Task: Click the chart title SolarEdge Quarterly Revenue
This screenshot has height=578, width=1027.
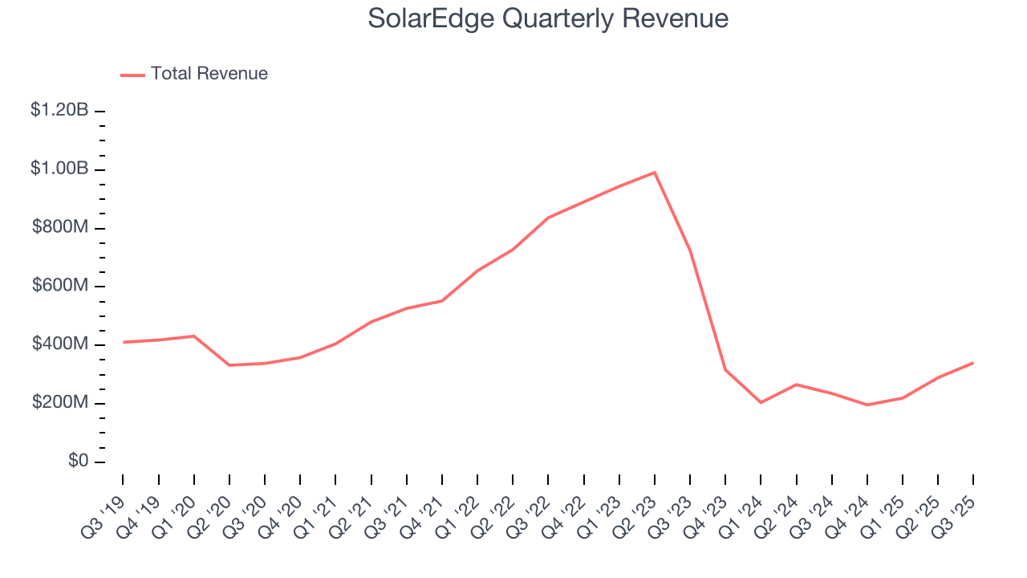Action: [548, 18]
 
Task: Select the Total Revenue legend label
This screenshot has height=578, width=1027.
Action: [209, 74]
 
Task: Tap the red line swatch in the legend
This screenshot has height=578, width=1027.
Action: [132, 75]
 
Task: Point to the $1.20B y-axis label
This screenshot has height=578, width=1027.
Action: [59, 111]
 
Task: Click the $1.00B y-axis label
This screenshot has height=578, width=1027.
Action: [59, 169]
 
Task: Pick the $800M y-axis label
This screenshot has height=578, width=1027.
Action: [60, 228]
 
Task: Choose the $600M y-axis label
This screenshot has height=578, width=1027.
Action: [60, 287]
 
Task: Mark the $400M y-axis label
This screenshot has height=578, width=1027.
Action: [60, 344]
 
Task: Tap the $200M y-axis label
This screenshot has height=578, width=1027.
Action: [60, 403]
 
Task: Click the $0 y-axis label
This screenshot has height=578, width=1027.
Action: [79, 462]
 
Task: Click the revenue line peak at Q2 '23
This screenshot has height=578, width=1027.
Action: [655, 173]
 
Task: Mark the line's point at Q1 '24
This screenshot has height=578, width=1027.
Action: [761, 402]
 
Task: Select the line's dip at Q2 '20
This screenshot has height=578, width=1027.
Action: [229, 365]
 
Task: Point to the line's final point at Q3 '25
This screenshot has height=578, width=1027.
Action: [973, 363]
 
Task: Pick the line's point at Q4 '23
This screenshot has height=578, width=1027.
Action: [725, 370]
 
